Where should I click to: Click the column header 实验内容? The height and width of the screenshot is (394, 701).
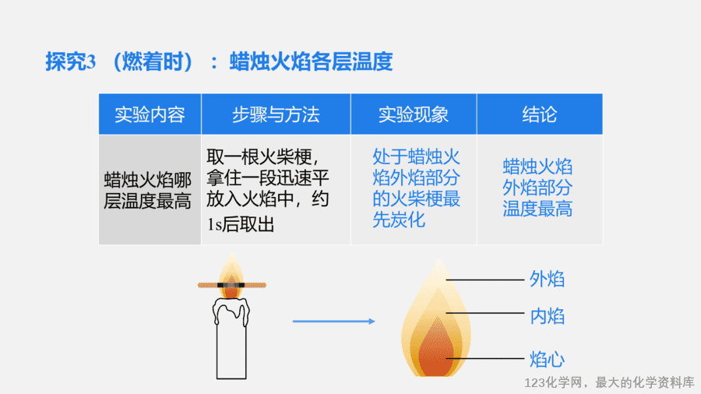pos(150,114)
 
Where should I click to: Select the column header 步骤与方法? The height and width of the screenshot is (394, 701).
pos(276,114)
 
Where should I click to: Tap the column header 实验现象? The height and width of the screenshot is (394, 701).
pos(414,114)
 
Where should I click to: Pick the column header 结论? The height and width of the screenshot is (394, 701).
pos(540,114)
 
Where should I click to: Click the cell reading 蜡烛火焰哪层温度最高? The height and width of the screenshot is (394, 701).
pos(147,191)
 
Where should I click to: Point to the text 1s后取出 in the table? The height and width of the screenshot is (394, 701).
pos(241,224)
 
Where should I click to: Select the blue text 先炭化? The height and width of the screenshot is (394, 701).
pos(399,220)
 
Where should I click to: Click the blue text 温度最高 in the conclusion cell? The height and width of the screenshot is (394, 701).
pos(537,209)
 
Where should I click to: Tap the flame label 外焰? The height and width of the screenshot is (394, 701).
pos(548,280)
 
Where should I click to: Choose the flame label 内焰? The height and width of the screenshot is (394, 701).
pos(548,316)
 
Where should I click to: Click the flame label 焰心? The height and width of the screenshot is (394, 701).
pos(548,359)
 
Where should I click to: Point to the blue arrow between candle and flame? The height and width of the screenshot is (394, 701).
pos(334,321)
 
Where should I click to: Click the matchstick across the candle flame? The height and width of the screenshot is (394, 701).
pos(232,285)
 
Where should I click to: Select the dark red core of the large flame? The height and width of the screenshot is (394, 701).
pos(436,350)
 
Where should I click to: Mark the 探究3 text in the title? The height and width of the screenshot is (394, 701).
pos(71,62)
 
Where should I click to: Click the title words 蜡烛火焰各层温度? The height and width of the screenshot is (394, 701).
pos(311,62)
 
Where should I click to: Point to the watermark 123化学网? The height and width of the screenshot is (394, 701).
pos(553,383)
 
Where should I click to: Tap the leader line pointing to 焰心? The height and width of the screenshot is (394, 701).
pos(484,358)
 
